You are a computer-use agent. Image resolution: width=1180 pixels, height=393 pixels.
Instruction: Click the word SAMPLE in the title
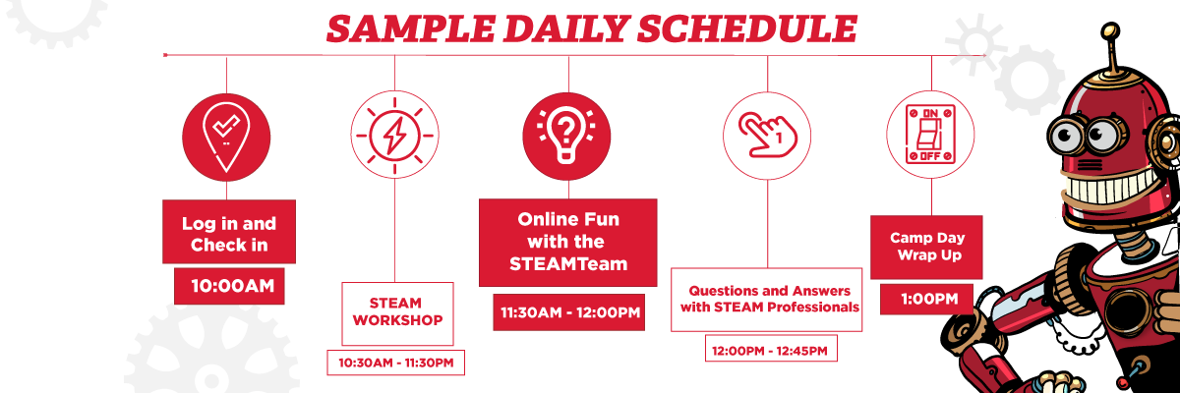click(x=410, y=28)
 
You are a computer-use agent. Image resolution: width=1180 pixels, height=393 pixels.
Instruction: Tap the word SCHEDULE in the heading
click(x=746, y=28)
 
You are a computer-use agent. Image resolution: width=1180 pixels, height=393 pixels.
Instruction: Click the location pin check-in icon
click(x=226, y=138)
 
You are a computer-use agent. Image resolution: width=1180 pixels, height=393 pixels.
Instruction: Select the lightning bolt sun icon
click(x=394, y=136)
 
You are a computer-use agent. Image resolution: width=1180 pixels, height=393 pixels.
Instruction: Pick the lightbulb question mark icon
click(x=566, y=137)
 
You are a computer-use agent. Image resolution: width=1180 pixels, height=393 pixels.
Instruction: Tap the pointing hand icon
click(x=767, y=136)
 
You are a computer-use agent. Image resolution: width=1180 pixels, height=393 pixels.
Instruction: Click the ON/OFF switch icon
click(x=930, y=135)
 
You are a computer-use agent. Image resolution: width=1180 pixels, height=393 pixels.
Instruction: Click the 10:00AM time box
click(x=229, y=286)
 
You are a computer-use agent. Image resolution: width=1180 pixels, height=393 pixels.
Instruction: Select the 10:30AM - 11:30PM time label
click(x=395, y=363)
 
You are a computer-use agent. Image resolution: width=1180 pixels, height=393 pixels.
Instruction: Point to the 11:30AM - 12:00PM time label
click(x=569, y=312)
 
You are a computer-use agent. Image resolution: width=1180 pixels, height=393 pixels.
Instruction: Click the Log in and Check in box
click(x=229, y=232)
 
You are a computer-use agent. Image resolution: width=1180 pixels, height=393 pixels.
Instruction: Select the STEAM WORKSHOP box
click(x=397, y=313)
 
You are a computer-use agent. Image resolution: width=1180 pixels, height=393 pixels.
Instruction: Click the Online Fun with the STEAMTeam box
click(x=568, y=243)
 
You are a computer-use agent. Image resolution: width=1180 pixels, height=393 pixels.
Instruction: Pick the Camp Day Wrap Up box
click(x=926, y=247)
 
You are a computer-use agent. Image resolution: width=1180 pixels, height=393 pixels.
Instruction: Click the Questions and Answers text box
click(x=766, y=300)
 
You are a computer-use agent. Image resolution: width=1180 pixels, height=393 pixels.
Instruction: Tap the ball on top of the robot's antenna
click(x=1111, y=31)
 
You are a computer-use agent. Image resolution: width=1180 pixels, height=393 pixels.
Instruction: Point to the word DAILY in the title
click(x=565, y=28)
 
